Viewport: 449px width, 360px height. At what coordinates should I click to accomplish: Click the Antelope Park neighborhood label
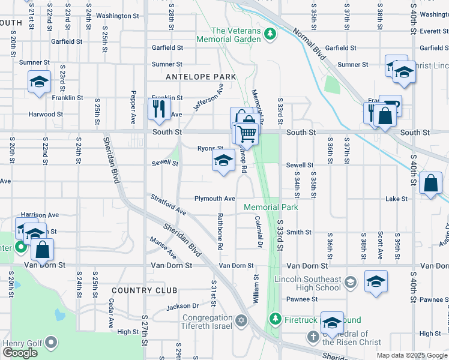click(x=200, y=77)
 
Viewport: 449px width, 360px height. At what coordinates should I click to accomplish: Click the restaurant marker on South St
click(x=159, y=109)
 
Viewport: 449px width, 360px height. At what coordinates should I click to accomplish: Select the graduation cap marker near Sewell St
click(x=223, y=161)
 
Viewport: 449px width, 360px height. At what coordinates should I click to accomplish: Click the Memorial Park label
click(x=271, y=208)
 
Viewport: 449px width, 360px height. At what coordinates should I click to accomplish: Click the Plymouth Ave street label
click(x=214, y=199)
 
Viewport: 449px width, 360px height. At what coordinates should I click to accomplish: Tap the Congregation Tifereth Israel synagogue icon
click(x=241, y=321)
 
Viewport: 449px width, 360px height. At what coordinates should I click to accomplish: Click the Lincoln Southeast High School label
click(x=307, y=284)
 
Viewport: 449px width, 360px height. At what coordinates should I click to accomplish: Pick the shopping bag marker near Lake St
click(x=431, y=184)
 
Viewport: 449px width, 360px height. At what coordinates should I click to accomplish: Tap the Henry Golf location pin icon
click(x=51, y=343)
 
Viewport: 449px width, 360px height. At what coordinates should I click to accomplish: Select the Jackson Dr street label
click(x=182, y=306)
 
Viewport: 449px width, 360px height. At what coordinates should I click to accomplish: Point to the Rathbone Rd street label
click(x=220, y=231)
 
